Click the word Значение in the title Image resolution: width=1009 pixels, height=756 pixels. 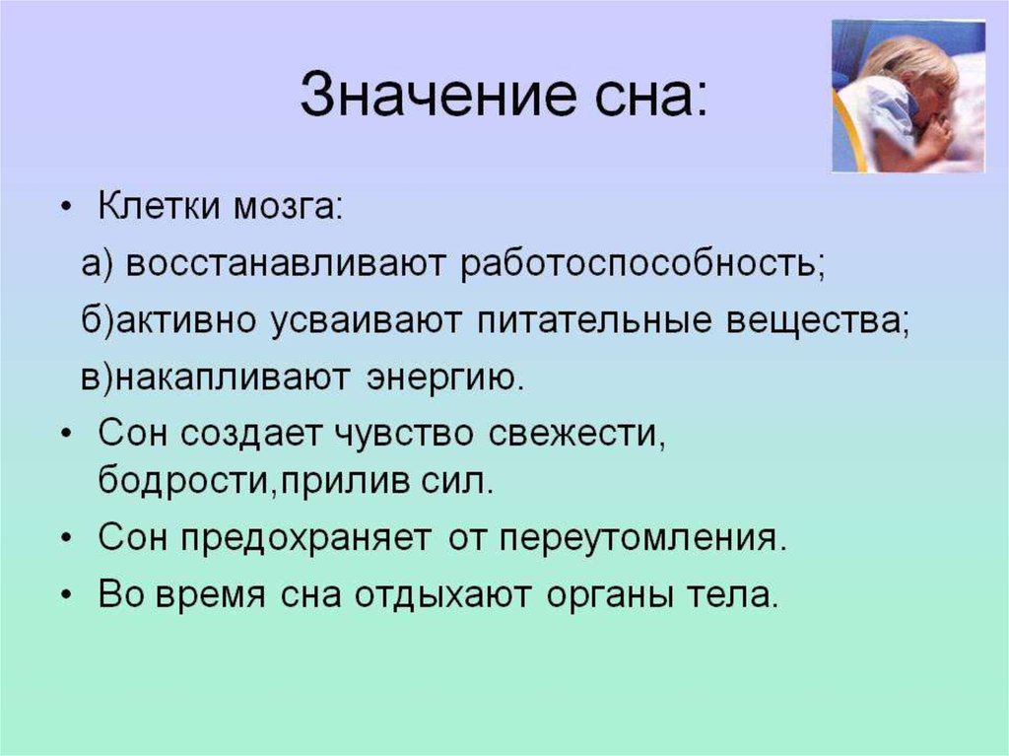tap(438, 95)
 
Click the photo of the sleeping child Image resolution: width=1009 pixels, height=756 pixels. tap(908, 96)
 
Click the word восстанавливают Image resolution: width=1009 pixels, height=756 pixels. tap(285, 263)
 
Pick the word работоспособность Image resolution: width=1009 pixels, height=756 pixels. tap(640, 263)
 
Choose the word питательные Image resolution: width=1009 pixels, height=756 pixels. tap(594, 320)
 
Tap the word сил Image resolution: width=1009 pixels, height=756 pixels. tap(457, 481)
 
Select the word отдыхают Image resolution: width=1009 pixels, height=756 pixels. tap(443, 595)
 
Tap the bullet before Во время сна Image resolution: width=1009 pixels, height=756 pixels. tap(66, 595)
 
